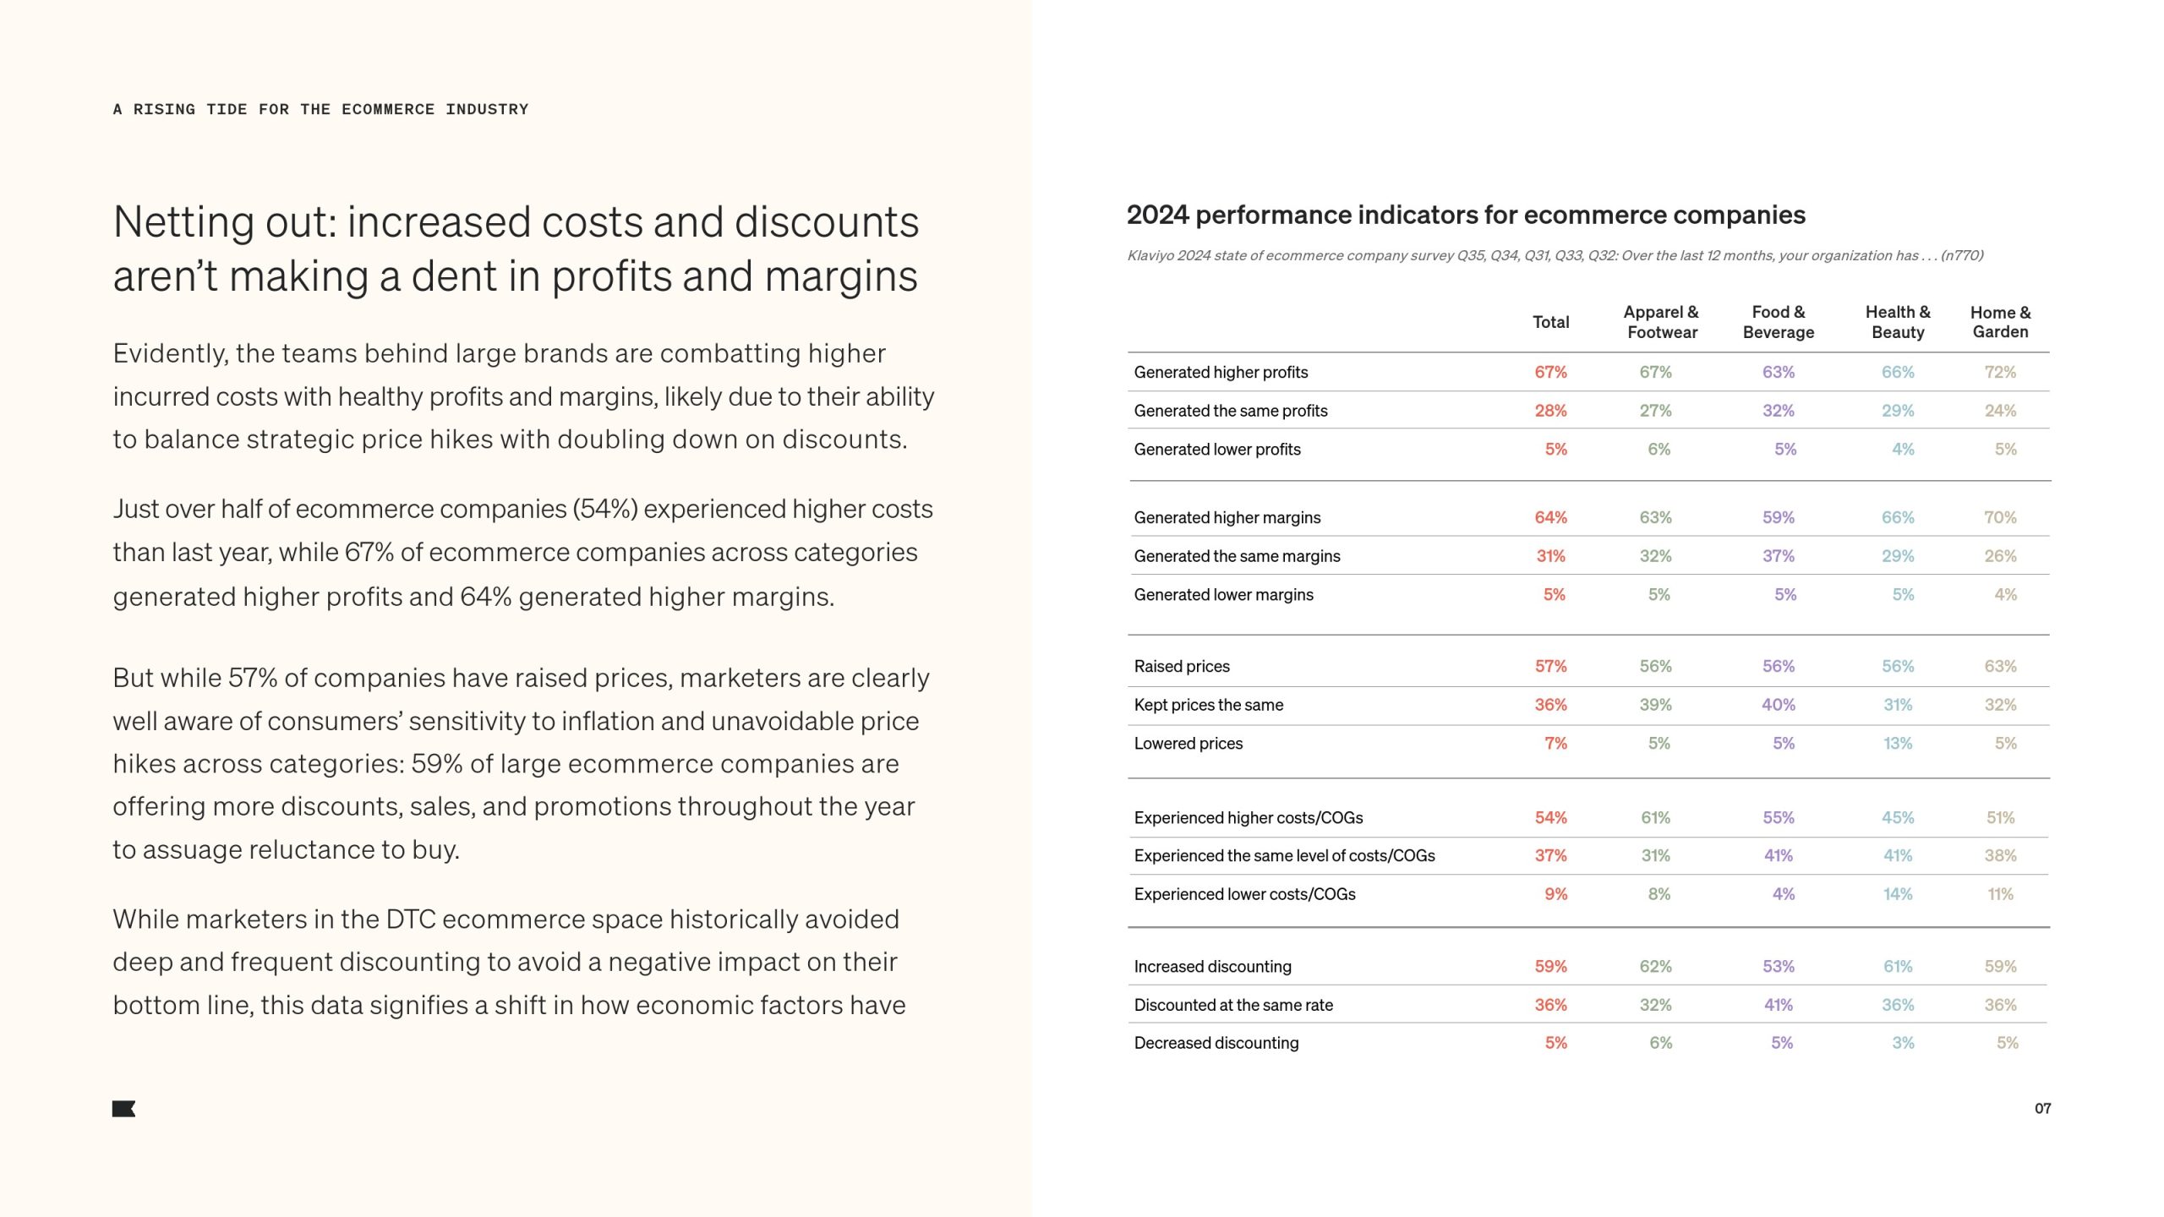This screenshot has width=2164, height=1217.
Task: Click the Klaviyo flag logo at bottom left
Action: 123,1109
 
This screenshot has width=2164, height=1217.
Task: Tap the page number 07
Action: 2042,1108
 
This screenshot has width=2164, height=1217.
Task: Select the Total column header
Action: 1550,322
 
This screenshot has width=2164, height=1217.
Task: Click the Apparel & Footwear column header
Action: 1661,322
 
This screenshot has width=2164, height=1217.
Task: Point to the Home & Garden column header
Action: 2000,322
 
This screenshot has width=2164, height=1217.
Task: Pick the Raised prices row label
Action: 1182,666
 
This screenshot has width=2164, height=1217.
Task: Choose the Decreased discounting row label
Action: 1216,1043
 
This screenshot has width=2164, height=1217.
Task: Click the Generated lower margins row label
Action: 1223,595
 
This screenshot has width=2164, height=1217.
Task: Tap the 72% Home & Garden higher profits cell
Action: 2000,372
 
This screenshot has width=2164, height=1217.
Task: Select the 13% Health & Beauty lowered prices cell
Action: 1898,744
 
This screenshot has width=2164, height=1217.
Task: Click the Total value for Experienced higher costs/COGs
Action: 1550,817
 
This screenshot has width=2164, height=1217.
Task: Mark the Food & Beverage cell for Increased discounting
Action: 1779,966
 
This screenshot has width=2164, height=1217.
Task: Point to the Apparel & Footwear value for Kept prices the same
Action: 1655,705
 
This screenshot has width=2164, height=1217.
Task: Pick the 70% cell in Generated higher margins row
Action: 2000,517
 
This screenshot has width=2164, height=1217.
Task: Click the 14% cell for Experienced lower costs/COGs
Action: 1898,894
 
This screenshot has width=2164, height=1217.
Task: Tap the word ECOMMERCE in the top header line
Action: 388,110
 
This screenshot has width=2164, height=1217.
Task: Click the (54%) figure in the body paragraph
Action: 604,509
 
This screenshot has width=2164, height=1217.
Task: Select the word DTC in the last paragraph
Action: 410,920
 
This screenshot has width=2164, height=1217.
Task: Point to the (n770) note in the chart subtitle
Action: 1962,255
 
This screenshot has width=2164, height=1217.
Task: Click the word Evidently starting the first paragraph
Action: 170,353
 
